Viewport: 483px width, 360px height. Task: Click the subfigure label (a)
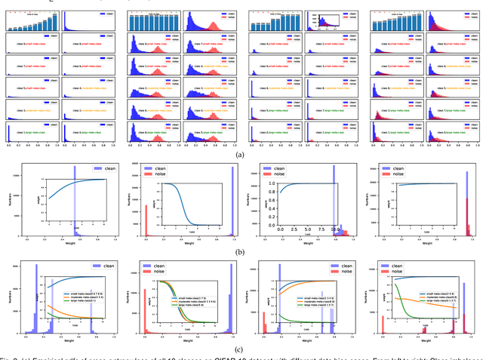(x=241, y=133)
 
